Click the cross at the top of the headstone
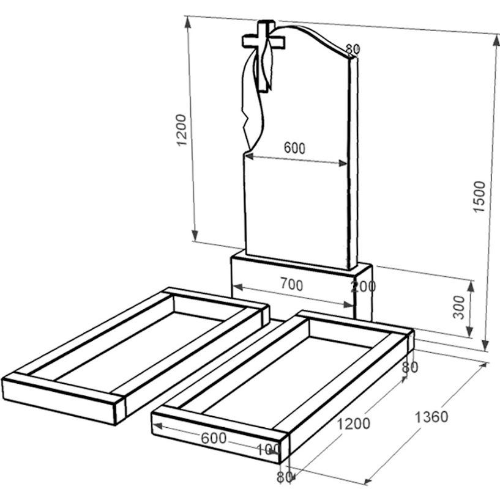(263, 42)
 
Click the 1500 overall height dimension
(479, 196)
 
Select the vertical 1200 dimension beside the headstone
(181, 130)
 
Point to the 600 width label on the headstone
(294, 148)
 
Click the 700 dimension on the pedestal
(292, 284)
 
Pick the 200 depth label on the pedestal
(363, 287)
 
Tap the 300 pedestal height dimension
(459, 307)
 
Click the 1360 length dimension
(431, 417)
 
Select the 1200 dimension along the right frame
(353, 424)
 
